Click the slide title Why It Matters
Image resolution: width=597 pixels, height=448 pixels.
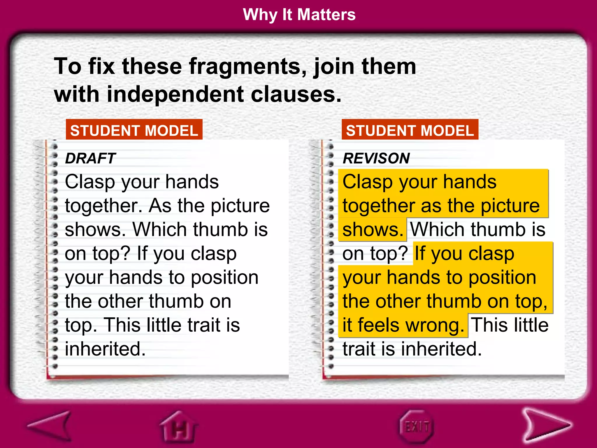(299, 15)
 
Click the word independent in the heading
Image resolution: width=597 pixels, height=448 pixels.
(175, 94)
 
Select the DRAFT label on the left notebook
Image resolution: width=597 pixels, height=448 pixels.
(90, 158)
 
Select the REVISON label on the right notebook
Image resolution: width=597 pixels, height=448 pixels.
(376, 158)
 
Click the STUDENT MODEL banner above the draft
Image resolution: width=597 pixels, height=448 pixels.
(134, 130)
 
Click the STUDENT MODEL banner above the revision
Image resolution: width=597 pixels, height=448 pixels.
(410, 130)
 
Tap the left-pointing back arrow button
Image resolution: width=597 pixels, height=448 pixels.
(51, 426)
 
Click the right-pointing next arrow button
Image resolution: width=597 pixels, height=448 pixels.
(545, 426)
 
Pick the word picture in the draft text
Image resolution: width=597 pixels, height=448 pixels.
(240, 206)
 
